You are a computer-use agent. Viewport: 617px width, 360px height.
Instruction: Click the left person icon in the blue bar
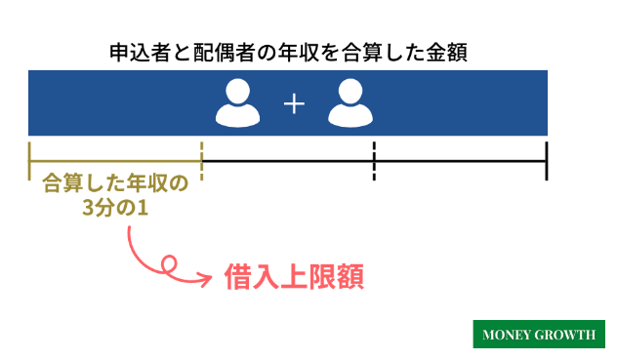tap(238, 102)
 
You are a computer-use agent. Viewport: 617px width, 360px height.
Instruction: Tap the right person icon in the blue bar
tap(350, 102)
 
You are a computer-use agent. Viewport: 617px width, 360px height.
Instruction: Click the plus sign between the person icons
tap(294, 103)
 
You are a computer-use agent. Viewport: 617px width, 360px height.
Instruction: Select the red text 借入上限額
tap(294, 278)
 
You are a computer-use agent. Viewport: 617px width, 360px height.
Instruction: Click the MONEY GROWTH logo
tap(538, 335)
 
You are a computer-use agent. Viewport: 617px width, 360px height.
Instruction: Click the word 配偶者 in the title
tap(230, 52)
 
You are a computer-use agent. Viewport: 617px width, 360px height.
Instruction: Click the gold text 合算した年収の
tap(115, 183)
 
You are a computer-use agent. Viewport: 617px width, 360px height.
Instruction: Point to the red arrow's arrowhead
tap(207, 279)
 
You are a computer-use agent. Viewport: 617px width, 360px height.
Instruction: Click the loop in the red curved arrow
tap(168, 263)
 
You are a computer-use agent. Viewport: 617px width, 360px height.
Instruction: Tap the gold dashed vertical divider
tap(201, 160)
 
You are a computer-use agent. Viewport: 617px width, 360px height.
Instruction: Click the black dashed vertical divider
tap(374, 160)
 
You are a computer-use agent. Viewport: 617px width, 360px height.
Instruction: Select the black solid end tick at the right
tap(547, 160)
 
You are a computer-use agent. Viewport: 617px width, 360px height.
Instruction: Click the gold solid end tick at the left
tap(30, 160)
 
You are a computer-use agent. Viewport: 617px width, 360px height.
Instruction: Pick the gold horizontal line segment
tap(115, 160)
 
